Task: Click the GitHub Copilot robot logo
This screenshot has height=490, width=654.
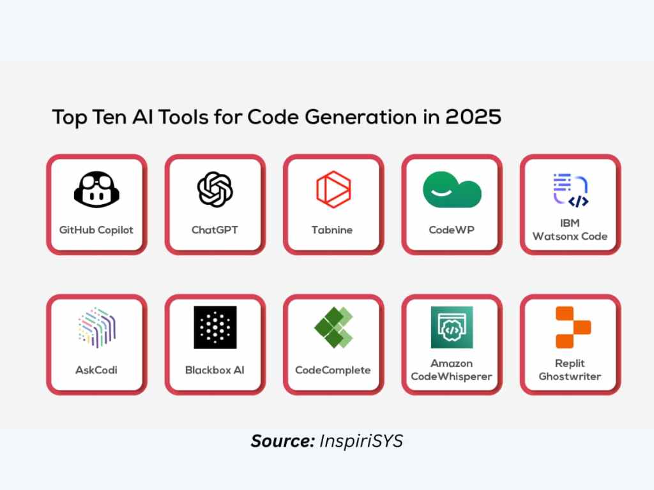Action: click(96, 189)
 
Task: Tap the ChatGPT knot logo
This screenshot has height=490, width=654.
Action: click(215, 189)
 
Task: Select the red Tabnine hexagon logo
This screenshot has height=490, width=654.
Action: click(333, 189)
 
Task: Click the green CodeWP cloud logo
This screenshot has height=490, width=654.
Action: click(452, 189)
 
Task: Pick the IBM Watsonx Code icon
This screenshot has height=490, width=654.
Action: click(570, 189)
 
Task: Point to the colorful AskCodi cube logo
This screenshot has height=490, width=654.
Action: click(96, 327)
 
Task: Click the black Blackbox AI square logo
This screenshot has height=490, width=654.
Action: click(215, 327)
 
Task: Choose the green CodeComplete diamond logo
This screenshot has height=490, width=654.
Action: click(333, 327)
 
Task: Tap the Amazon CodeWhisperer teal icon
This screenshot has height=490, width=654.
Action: click(452, 327)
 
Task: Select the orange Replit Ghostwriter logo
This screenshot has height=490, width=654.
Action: click(573, 327)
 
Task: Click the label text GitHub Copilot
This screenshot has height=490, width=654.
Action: click(96, 230)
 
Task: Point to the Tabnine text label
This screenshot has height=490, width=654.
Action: click(332, 230)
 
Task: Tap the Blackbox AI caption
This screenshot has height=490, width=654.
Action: click(215, 370)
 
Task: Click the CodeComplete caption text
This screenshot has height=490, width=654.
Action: click(333, 370)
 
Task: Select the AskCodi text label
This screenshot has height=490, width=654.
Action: click(96, 370)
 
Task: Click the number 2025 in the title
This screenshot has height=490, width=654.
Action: click(473, 117)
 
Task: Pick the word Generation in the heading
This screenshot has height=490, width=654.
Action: click(360, 117)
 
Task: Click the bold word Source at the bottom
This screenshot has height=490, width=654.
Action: click(282, 442)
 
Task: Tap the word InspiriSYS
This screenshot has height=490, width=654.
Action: click(361, 442)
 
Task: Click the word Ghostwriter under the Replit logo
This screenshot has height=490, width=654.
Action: click(570, 376)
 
